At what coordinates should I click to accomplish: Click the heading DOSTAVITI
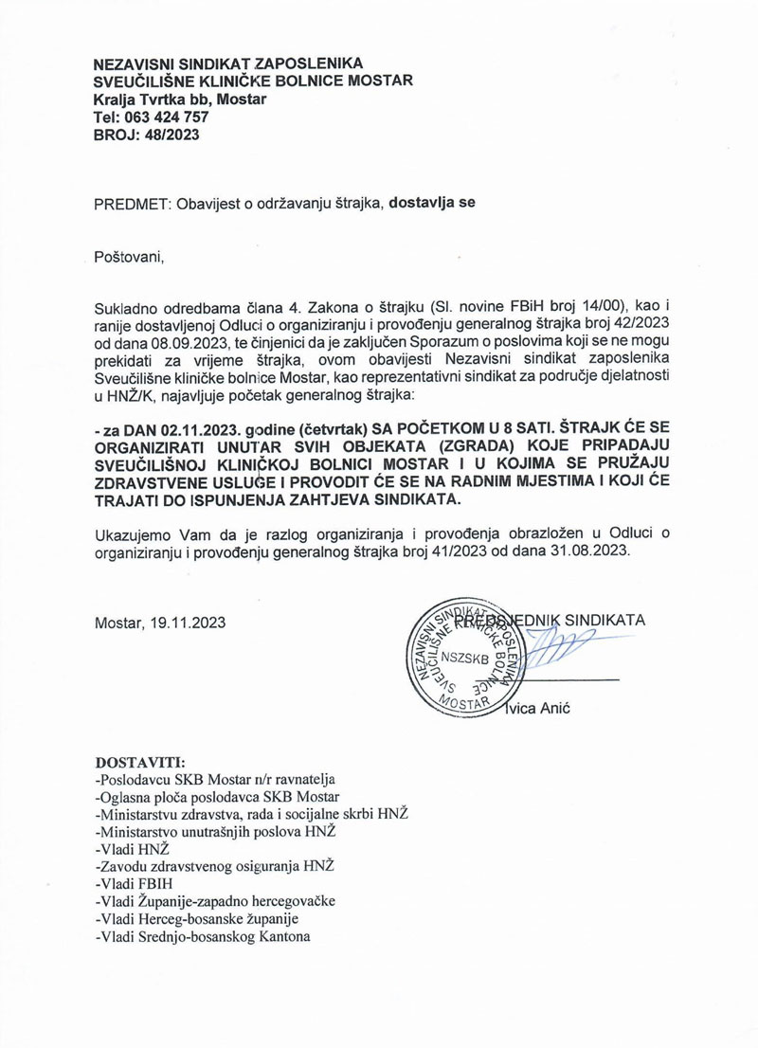coord(142,763)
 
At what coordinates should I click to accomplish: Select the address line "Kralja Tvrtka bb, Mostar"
coord(180,99)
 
